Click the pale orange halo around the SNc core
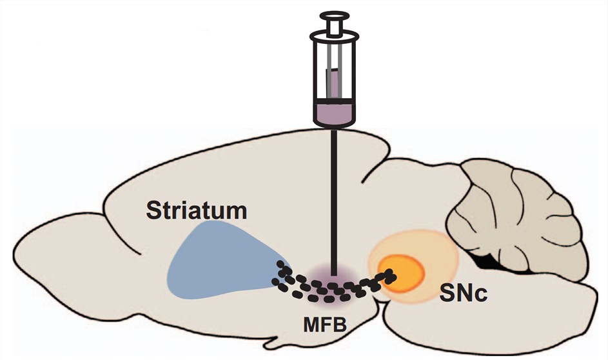[438, 252]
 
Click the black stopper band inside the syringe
[334, 100]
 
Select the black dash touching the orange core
[389, 275]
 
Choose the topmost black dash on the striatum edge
[280, 265]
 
